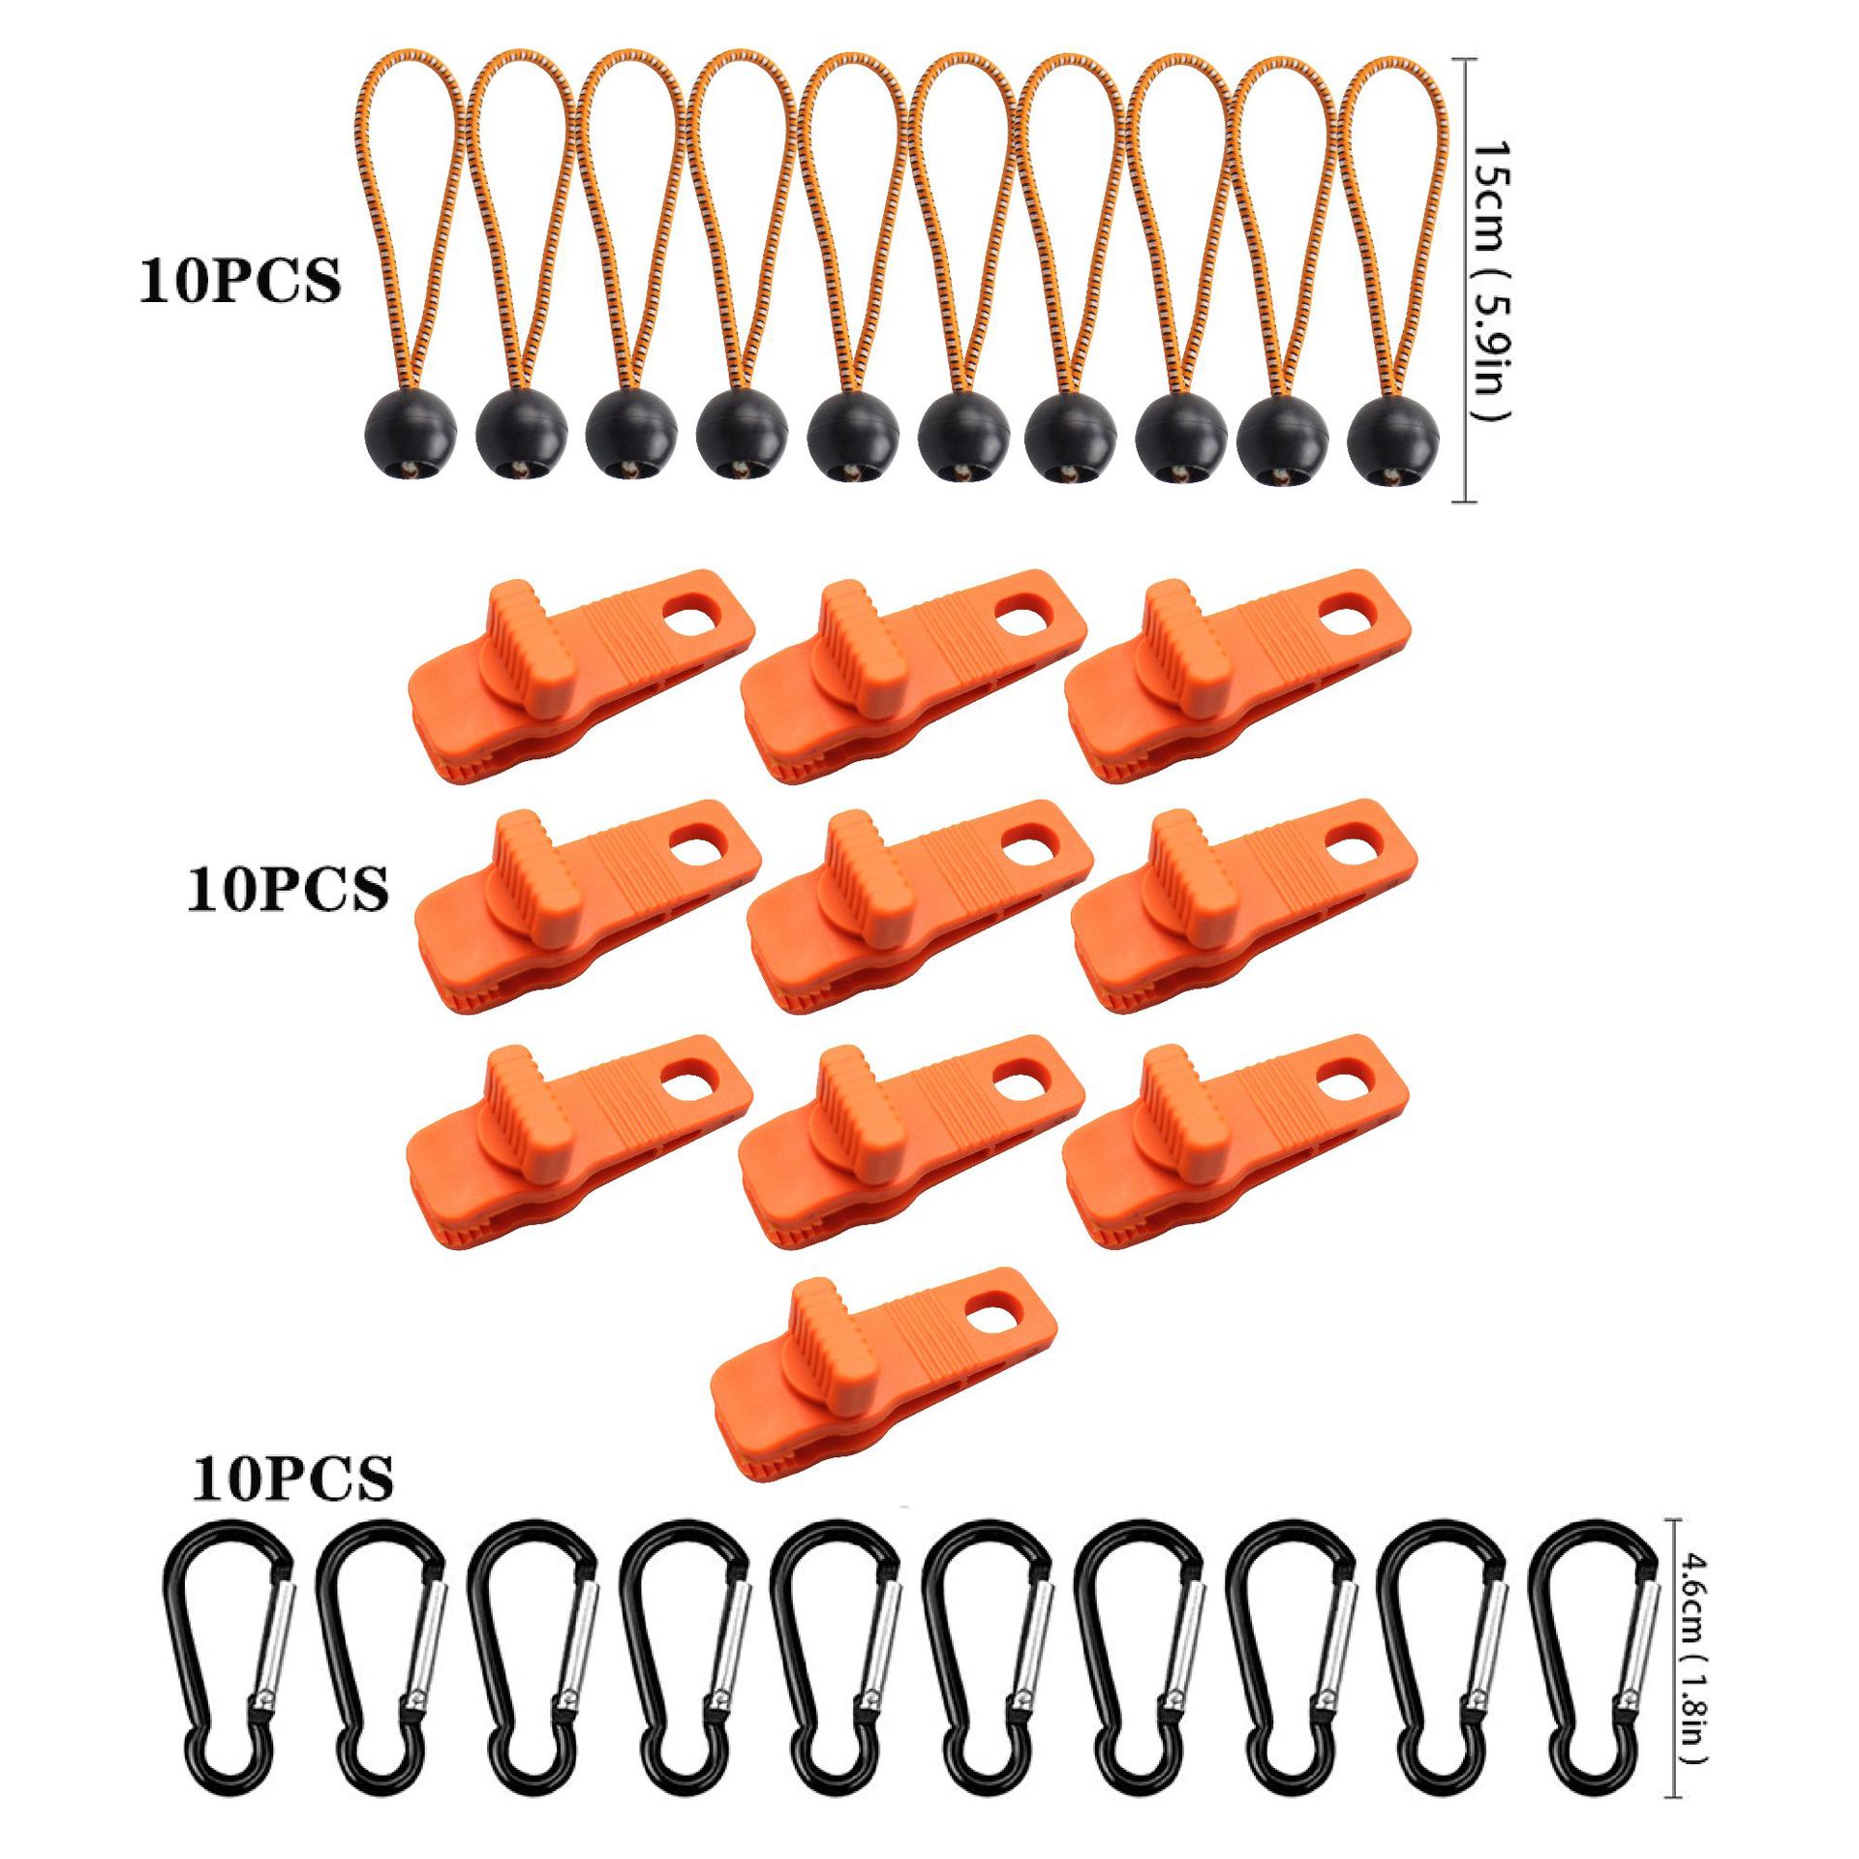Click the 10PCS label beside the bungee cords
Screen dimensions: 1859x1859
pyautogui.click(x=240, y=281)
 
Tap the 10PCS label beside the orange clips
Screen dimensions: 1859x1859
pyautogui.click(x=288, y=888)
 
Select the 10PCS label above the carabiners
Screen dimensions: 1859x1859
pyautogui.click(x=292, y=1478)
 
